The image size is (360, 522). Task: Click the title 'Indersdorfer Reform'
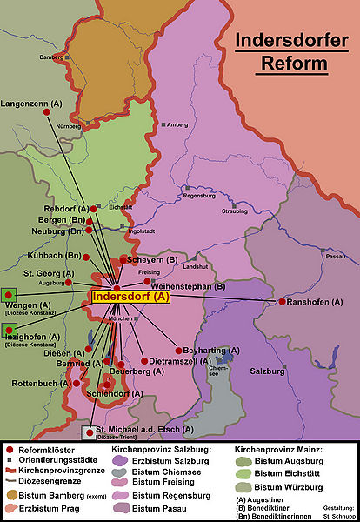284,52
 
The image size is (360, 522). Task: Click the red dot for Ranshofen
282,302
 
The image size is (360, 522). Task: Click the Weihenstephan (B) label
188,286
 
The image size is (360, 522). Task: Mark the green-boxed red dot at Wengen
9,296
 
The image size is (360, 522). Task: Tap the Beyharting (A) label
210,351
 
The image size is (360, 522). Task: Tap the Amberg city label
177,124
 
